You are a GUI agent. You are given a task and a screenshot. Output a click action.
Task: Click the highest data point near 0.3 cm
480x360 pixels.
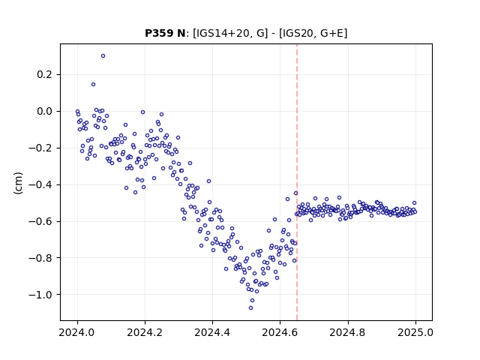103,56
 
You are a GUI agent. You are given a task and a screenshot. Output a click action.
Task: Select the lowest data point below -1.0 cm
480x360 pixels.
250,308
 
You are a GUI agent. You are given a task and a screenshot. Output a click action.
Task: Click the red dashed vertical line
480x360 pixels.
297,182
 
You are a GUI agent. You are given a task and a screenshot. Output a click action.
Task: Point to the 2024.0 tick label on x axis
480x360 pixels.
77,332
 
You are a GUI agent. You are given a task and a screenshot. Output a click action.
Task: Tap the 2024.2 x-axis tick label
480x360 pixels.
145,332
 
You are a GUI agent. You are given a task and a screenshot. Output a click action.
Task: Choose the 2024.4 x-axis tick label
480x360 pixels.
212,332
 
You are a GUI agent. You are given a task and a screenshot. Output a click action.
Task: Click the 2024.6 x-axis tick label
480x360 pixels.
280,332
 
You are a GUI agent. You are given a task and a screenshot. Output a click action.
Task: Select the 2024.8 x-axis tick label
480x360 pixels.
347,332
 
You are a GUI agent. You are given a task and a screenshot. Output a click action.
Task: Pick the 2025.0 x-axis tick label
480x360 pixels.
415,332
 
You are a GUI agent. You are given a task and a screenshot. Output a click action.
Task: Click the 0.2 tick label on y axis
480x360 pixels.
44,75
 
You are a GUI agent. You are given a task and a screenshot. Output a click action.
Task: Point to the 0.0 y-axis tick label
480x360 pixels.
44,112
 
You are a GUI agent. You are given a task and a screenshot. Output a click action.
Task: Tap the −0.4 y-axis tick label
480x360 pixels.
40,185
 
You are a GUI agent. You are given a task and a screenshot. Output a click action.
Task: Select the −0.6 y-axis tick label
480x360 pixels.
40,221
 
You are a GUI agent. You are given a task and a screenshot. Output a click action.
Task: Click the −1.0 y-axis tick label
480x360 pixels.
40,295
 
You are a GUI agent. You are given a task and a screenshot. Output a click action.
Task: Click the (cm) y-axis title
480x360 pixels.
18,183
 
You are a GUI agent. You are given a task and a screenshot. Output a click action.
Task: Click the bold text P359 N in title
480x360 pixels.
165,33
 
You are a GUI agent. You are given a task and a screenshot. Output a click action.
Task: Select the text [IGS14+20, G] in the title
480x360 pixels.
230,33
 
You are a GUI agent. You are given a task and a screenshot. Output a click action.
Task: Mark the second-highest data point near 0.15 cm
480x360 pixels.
93,85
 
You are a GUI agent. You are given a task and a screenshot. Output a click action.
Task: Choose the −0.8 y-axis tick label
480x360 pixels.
40,258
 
